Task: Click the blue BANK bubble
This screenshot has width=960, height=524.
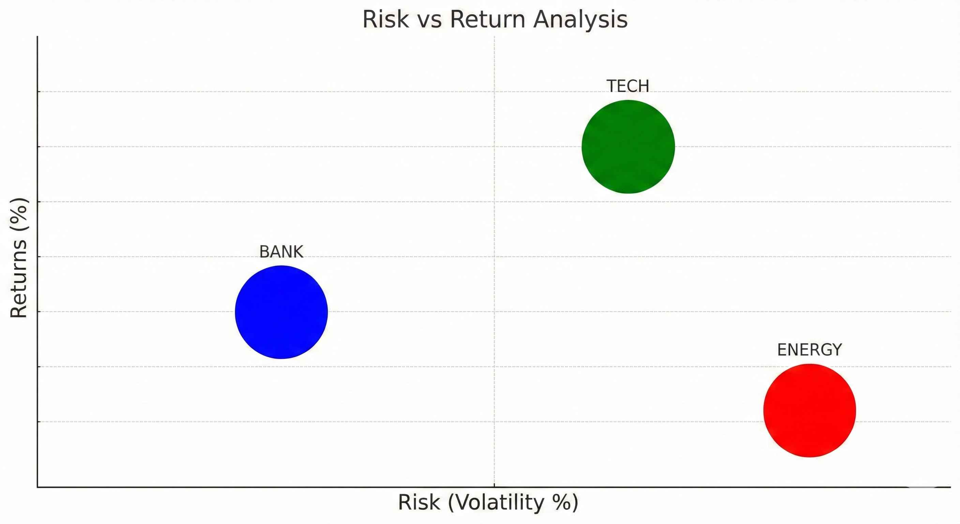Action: tap(281, 312)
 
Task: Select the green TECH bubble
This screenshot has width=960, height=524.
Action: tap(628, 147)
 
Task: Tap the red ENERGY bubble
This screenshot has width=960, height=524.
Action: tap(809, 410)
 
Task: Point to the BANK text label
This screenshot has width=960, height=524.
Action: tap(281, 252)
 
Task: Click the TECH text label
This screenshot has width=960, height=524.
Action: tap(628, 87)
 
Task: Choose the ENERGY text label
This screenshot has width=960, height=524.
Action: tap(809, 350)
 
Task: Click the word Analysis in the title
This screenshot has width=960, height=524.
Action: tap(580, 20)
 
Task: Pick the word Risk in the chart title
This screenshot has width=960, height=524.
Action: tap(385, 19)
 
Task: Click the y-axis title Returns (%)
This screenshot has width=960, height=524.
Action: tap(19, 258)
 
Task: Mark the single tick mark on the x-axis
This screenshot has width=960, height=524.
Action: tap(495, 485)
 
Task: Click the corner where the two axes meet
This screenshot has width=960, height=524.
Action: tap(37, 487)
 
